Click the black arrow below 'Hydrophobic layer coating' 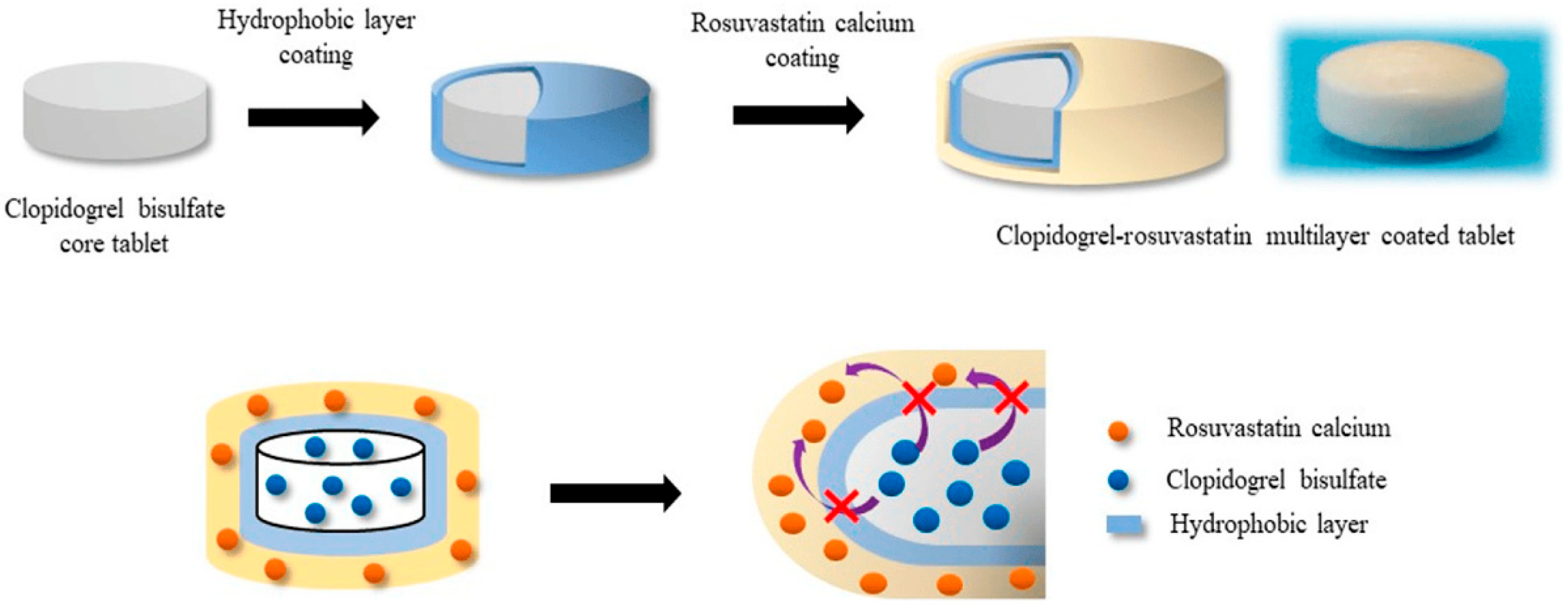(x=313, y=116)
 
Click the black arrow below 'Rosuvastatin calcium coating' (x=797, y=115)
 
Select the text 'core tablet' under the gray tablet (x=114, y=244)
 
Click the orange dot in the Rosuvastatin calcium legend (x=1118, y=431)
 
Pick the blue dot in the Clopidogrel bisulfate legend (x=1118, y=480)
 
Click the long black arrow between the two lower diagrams (x=615, y=493)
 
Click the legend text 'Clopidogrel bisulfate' (x=1275, y=480)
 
